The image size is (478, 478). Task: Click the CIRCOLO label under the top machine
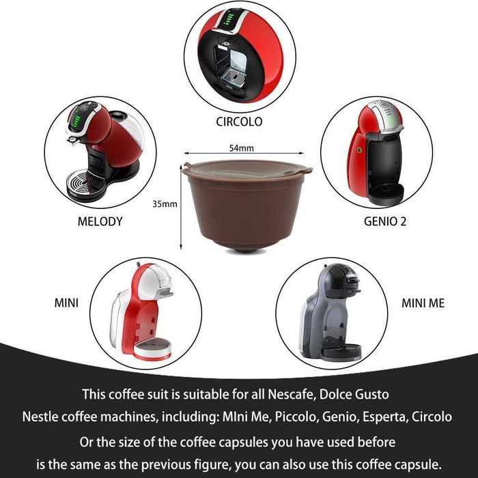coord(238,122)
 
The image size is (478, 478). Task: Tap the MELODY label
coord(100,221)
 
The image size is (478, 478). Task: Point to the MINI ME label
coord(423,303)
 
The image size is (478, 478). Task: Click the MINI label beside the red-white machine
coord(67,303)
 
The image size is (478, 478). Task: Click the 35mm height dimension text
coord(165,203)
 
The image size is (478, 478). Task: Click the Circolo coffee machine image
coord(239,55)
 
